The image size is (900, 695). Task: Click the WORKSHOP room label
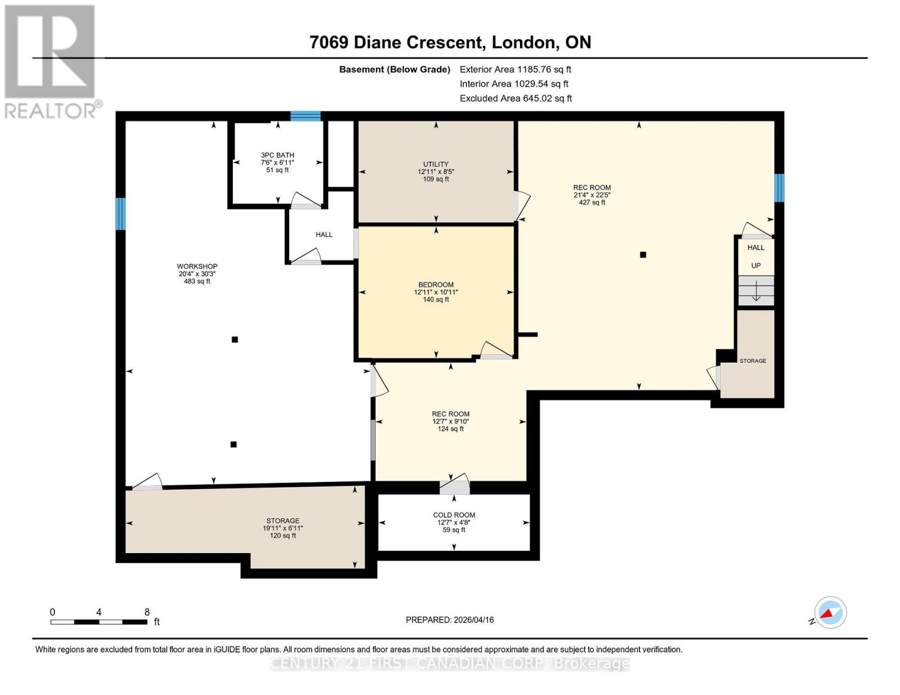[197, 266]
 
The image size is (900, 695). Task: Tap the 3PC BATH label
[278, 155]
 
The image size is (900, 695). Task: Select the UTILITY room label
[436, 164]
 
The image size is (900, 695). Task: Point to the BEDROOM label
[436, 285]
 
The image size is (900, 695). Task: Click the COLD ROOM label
[454, 515]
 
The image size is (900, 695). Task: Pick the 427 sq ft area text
[592, 202]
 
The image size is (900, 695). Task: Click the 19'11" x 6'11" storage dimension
[283, 528]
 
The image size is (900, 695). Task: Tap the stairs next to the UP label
[756, 291]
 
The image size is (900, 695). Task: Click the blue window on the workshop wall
[120, 214]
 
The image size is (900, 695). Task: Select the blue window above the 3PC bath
[305, 116]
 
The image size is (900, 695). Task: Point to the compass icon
[830, 613]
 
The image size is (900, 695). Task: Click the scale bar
[99, 622]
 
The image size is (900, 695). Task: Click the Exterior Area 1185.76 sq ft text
[515, 69]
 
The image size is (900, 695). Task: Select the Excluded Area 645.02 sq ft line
[516, 98]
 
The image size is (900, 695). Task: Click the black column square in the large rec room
[643, 255]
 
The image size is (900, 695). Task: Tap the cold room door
[454, 485]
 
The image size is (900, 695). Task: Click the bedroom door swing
[496, 350]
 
